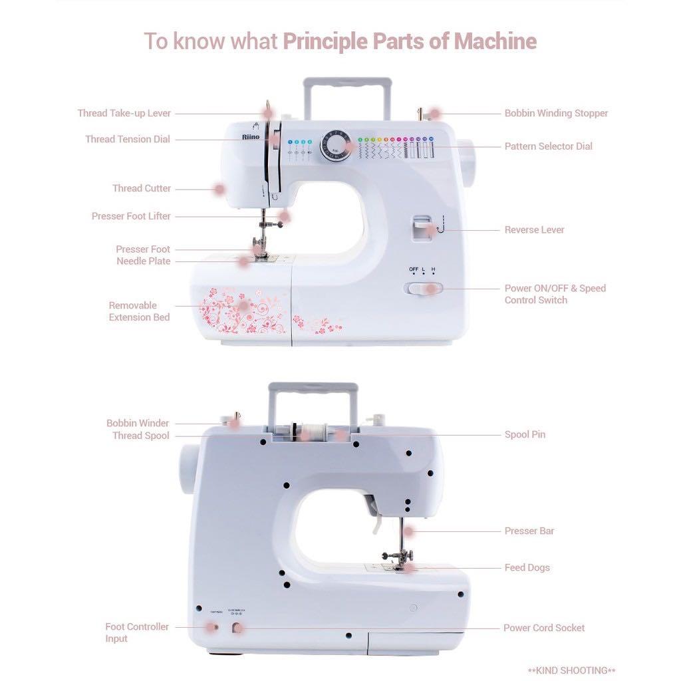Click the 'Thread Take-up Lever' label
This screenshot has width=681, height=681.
(124, 113)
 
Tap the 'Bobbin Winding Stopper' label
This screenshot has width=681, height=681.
(556, 113)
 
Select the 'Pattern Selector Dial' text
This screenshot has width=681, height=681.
(548, 146)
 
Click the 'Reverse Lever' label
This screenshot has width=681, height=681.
(534, 230)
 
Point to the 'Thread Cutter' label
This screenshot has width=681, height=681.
(141, 188)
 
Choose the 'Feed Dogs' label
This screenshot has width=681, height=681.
(527, 568)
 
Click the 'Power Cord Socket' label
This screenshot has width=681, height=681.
(543, 628)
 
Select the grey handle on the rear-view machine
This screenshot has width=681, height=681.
(313, 389)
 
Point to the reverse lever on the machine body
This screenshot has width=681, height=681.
(421, 227)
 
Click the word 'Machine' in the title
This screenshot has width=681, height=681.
(495, 41)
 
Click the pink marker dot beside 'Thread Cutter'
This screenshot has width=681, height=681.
(218, 190)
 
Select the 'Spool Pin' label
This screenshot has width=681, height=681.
(525, 435)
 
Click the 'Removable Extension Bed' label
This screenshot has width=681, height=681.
(139, 311)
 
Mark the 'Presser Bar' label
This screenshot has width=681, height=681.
(529, 531)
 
